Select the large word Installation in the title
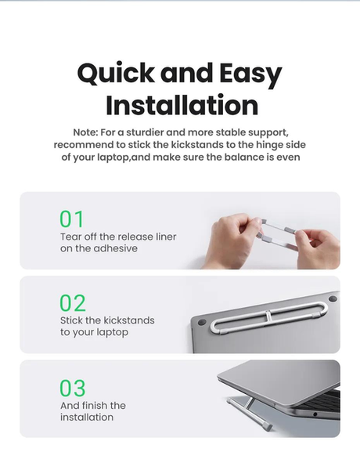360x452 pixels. click(x=182, y=105)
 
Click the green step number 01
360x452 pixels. click(x=72, y=219)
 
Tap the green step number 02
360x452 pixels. click(x=73, y=303)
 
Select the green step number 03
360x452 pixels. click(x=73, y=388)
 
